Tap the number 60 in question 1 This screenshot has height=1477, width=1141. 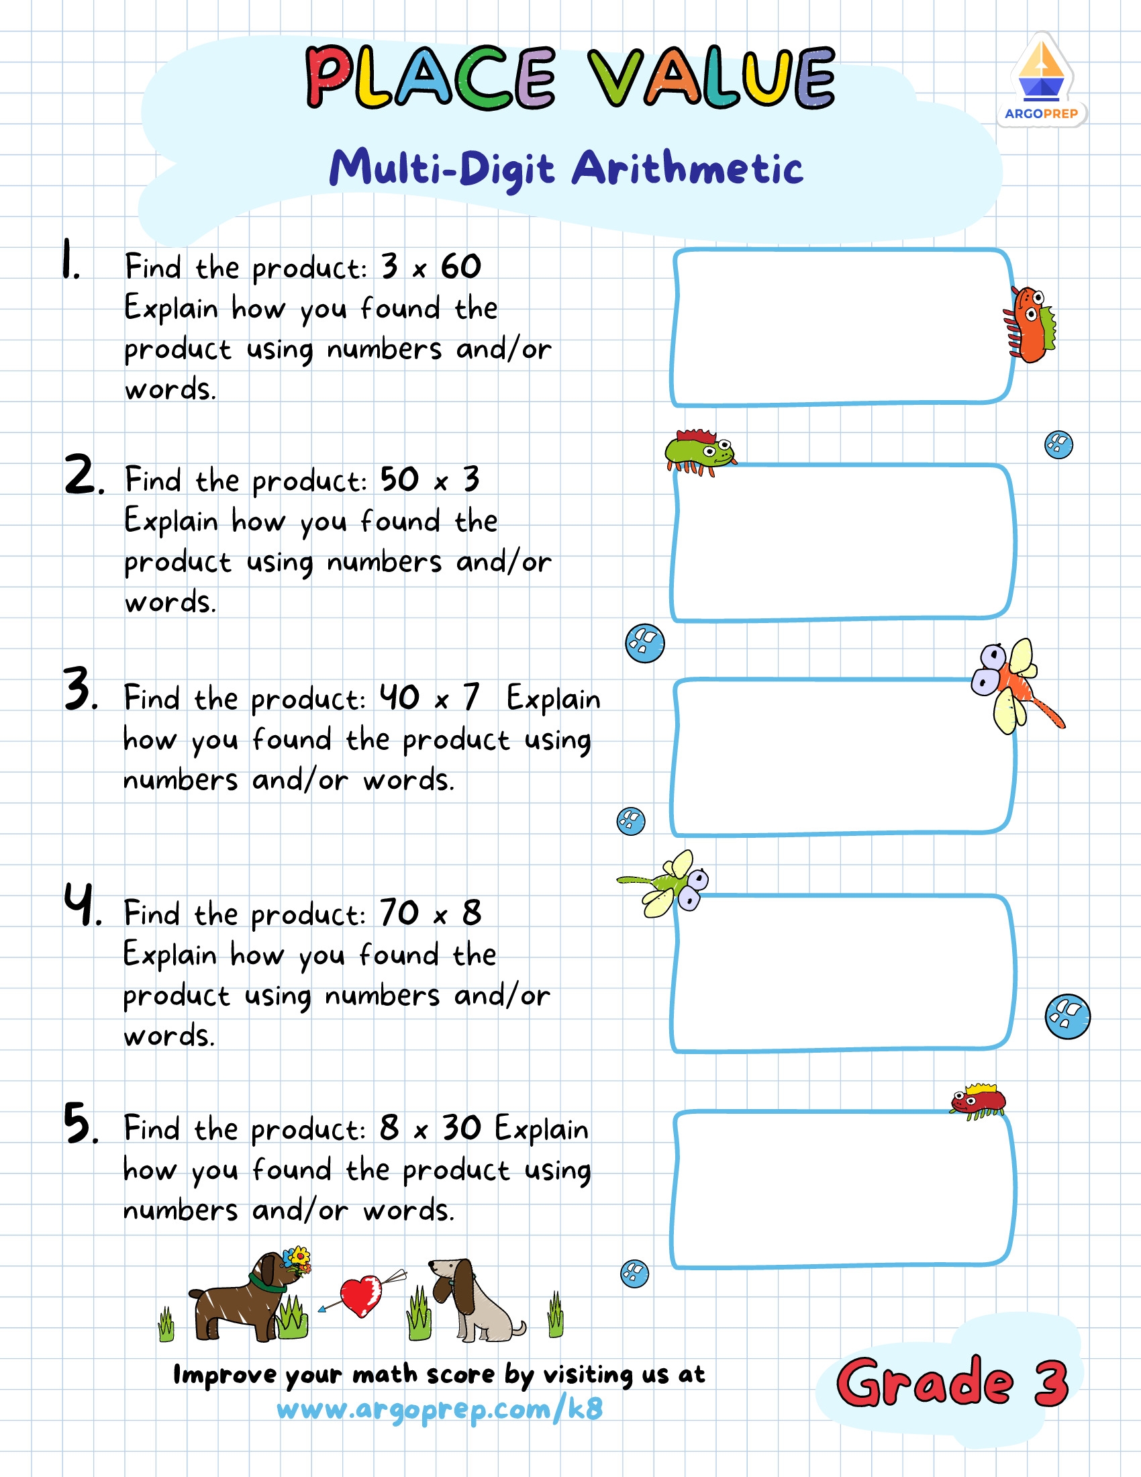(x=460, y=267)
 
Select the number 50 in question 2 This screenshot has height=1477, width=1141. (x=399, y=479)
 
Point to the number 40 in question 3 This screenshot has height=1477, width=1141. (x=399, y=698)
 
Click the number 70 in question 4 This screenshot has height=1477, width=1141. (x=399, y=913)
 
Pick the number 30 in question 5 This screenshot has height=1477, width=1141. (x=462, y=1128)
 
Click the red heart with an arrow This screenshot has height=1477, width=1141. (x=361, y=1295)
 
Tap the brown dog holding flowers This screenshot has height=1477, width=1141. (x=244, y=1302)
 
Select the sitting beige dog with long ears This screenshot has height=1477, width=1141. (x=473, y=1302)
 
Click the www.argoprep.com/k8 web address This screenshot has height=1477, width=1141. (x=440, y=1409)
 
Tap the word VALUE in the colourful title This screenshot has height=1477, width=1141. (x=711, y=77)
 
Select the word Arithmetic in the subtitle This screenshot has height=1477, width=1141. (x=687, y=169)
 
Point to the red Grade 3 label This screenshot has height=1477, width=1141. (x=952, y=1382)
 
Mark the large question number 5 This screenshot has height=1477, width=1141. (x=79, y=1123)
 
